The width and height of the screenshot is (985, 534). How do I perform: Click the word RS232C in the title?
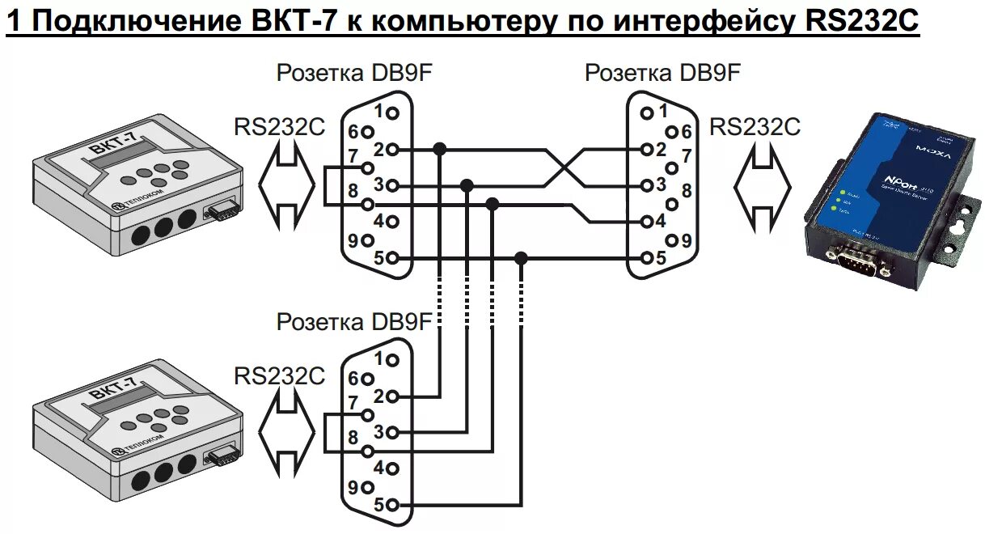863,21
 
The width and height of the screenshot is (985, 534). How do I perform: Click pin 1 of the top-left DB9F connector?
393,112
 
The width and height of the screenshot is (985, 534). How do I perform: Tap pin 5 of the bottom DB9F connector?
393,505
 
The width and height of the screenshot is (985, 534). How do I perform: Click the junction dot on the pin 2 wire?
439,149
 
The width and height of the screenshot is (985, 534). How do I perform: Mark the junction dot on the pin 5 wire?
522,258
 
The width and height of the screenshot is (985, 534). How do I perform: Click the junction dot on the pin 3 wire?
467,185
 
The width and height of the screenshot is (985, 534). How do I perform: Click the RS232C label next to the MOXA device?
754,127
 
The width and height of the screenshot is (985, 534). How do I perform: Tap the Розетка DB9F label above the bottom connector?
354,322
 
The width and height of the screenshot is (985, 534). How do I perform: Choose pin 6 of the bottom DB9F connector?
368,378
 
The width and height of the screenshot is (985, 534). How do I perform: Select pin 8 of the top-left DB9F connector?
369,204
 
